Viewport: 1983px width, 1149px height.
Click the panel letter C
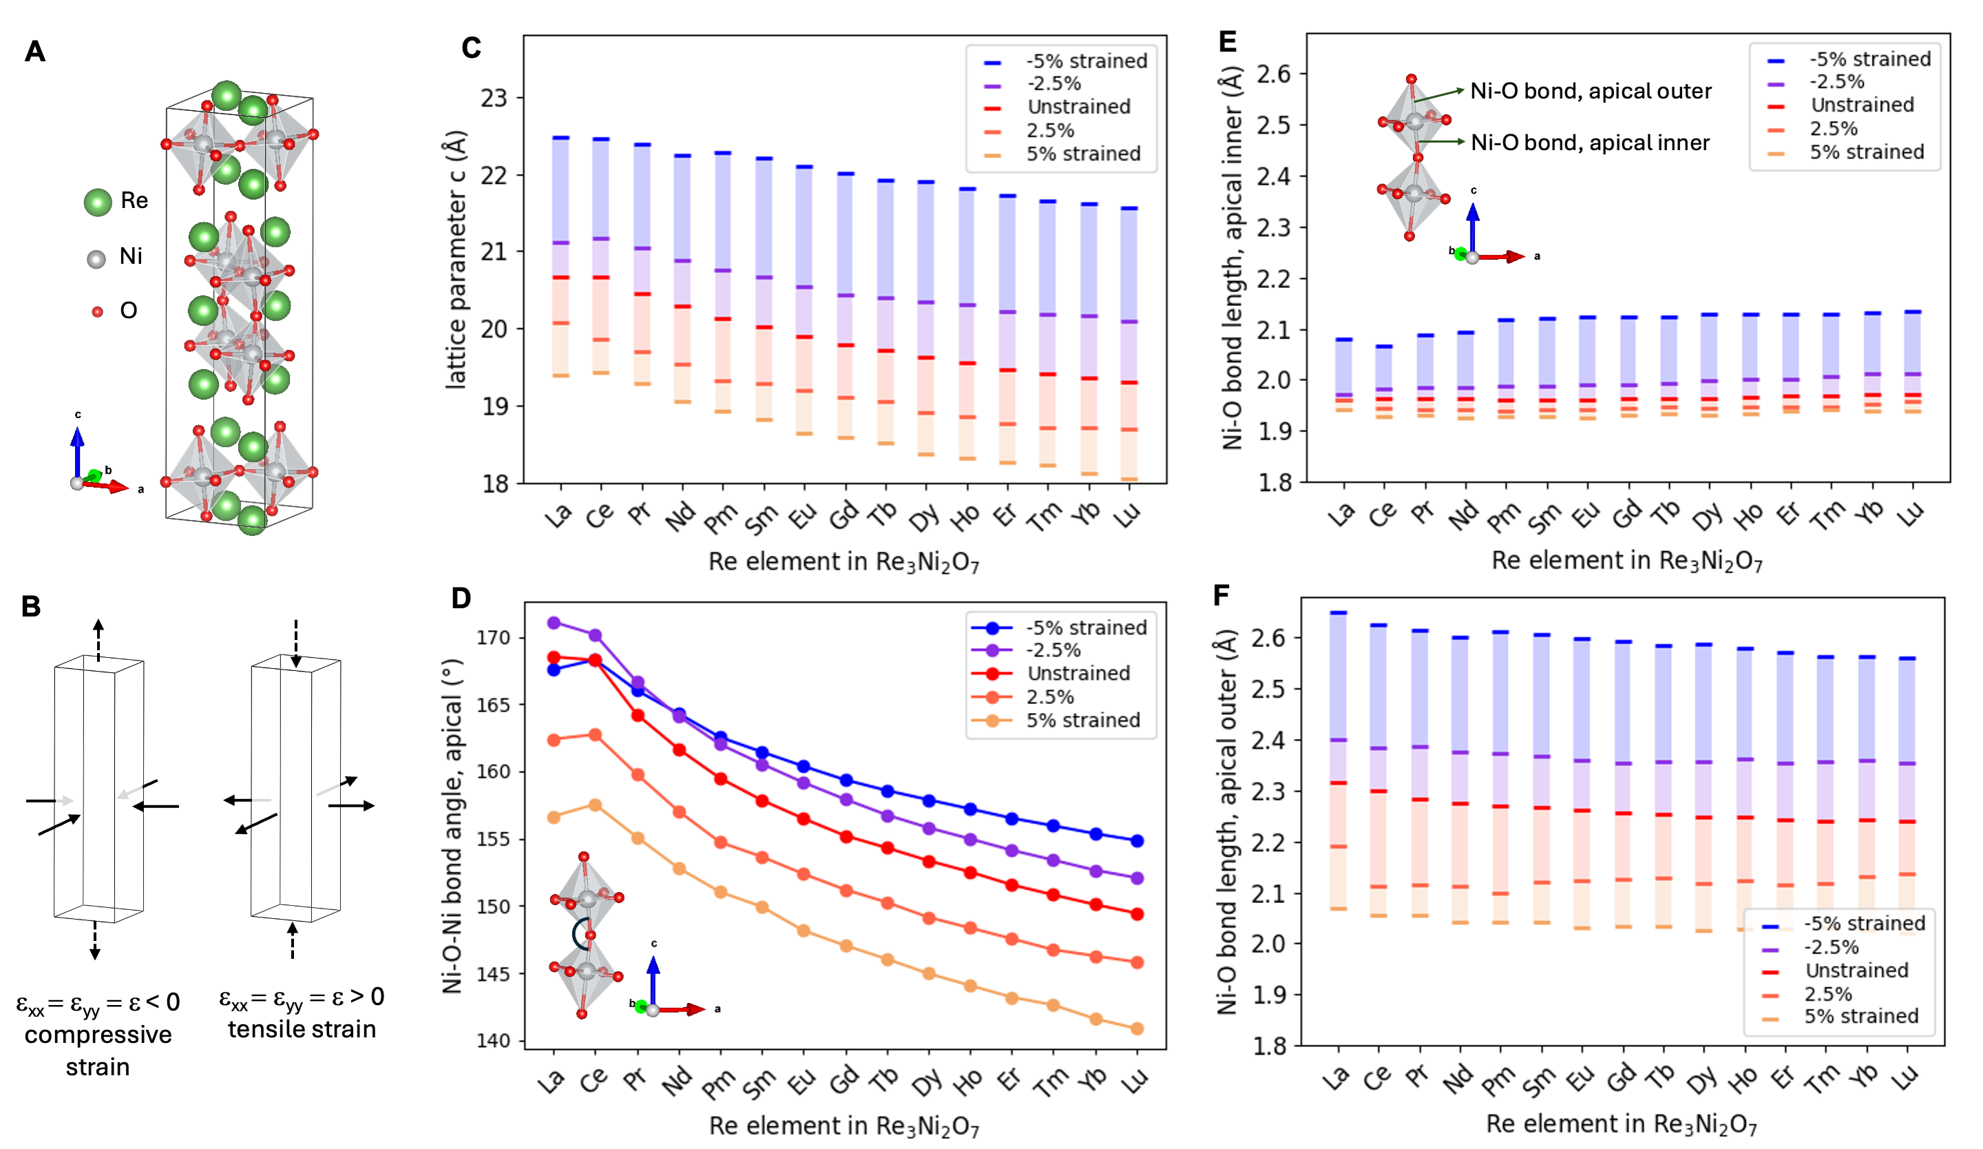[x=472, y=48]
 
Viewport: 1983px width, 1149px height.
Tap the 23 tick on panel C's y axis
[x=494, y=99]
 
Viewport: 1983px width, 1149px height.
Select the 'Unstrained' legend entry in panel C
[x=1078, y=107]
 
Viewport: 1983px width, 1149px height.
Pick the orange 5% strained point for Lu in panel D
[x=1136, y=1028]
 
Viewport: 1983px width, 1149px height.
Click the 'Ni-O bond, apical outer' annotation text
[x=1591, y=92]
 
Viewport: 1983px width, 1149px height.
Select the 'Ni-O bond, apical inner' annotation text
[x=1590, y=143]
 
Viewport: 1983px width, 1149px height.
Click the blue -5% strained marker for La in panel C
[x=561, y=138]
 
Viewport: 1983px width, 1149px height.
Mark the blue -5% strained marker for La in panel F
[x=1338, y=612]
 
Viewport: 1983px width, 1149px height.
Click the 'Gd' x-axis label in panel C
[x=843, y=516]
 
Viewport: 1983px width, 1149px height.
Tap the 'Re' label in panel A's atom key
[x=134, y=200]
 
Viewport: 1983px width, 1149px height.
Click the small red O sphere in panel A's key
[x=98, y=311]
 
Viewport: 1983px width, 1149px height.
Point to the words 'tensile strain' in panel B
[x=302, y=1029]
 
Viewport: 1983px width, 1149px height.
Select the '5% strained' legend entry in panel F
[x=1861, y=1016]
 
